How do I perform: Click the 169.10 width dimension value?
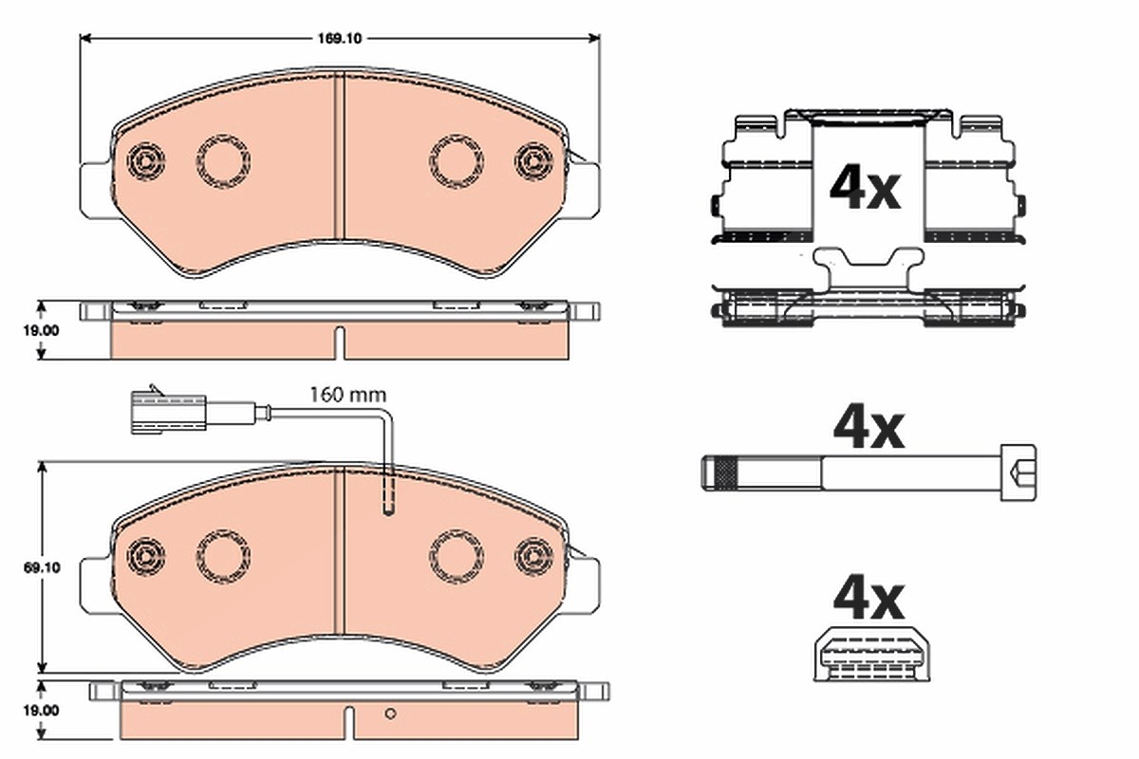(x=339, y=39)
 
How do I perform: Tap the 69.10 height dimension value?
(x=42, y=567)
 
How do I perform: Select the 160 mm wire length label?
(x=347, y=395)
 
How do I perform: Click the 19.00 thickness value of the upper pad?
(x=41, y=330)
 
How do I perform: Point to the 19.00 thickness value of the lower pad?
(x=41, y=711)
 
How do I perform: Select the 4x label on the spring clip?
(x=865, y=187)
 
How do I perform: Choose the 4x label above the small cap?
(x=868, y=599)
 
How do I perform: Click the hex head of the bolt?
(x=1018, y=472)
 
